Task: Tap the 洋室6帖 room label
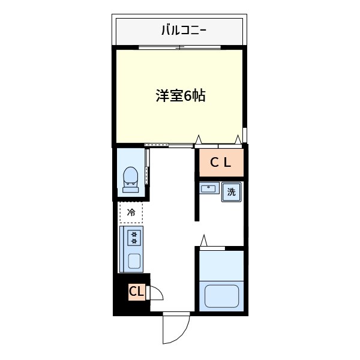pyautogui.click(x=181, y=96)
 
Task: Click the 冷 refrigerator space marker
pyautogui.click(x=131, y=211)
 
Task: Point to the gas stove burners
pyautogui.click(x=134, y=238)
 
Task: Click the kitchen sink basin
pyautogui.click(x=134, y=261)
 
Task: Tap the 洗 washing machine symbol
pyautogui.click(x=231, y=193)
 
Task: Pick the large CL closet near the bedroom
pyautogui.click(x=220, y=162)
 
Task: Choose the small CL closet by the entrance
pyautogui.click(x=135, y=292)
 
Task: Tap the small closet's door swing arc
pyautogui.click(x=155, y=292)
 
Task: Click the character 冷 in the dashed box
pyautogui.click(x=131, y=211)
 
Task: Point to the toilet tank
pyautogui.click(x=131, y=190)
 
